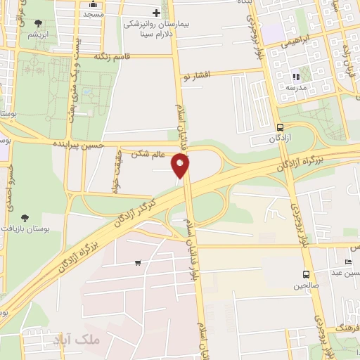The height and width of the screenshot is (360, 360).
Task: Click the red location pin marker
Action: [x=181, y=167]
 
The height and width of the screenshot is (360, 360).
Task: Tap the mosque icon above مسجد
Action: [x=94, y=4]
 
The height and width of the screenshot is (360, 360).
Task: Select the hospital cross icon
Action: [x=156, y=13]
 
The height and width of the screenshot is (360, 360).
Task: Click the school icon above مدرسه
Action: [x=296, y=77]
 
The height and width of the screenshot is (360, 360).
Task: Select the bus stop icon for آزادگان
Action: [x=281, y=127]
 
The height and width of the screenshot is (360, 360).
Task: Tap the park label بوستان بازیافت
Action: [x=27, y=229]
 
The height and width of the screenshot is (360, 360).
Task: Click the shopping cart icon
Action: [x=138, y=263]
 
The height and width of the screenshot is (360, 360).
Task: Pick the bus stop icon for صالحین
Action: [x=306, y=274]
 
